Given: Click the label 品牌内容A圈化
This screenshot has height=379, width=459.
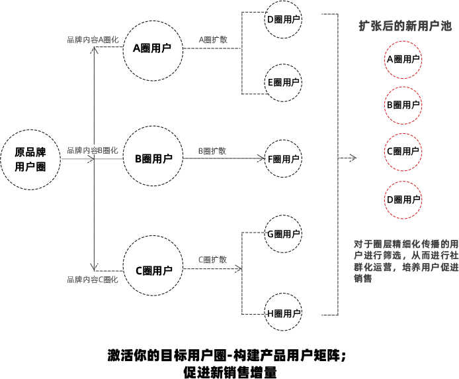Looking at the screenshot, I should click(x=93, y=40).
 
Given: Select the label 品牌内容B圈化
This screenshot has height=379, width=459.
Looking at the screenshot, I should click(x=93, y=150).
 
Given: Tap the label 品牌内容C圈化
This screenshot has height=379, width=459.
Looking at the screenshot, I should click(x=93, y=280).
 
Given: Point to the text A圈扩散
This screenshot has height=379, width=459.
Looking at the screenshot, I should click(x=213, y=40).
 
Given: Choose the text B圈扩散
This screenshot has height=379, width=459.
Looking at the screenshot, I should click(x=213, y=151).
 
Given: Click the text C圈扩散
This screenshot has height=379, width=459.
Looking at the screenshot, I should click(x=213, y=260).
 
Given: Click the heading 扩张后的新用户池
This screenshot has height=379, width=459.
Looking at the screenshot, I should click(x=405, y=27).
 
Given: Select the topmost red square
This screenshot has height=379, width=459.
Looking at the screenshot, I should click(x=403, y=60).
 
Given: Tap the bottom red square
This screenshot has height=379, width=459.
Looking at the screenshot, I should click(x=403, y=199).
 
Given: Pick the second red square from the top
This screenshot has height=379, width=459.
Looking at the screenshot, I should click(x=403, y=105).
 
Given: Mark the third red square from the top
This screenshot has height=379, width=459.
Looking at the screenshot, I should click(x=403, y=152).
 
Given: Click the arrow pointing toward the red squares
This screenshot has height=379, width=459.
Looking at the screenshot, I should click(x=353, y=158).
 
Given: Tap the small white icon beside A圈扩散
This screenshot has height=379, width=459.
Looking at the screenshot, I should click(x=237, y=48).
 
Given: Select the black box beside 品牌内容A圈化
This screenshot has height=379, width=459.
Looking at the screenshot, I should click(x=153, y=50).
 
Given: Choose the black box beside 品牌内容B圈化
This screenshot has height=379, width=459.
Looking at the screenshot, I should click(x=153, y=156).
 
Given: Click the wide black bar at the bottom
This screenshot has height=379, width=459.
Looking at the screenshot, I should click(x=226, y=364).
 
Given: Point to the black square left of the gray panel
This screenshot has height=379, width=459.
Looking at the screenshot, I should click(x=30, y=160).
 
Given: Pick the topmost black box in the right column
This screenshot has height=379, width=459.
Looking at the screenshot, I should click(x=283, y=20).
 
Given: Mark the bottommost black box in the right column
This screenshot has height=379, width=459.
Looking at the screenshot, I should click(x=283, y=311).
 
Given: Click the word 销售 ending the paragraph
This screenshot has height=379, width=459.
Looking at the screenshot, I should click(x=363, y=278).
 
